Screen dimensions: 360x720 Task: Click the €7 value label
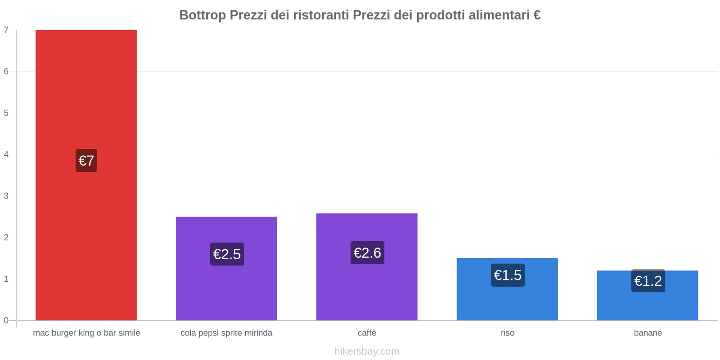coord(86,161)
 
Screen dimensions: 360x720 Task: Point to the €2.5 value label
coord(227,254)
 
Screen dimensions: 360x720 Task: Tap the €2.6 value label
coord(367,253)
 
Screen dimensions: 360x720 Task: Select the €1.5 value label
coord(508,275)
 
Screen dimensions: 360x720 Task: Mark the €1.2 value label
coord(648,281)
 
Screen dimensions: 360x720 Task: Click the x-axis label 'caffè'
coord(367,333)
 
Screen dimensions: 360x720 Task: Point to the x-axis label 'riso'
coord(507,333)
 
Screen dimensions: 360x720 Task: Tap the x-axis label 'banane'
coord(648,333)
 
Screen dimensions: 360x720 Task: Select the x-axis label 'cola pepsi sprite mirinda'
coord(226,333)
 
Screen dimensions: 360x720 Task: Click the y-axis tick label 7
coord(6,30)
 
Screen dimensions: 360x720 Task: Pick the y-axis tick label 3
coord(6,196)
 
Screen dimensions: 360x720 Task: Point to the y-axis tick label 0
coord(6,320)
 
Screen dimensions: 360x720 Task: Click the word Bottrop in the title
coord(202,15)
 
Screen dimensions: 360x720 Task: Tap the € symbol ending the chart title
coord(536,15)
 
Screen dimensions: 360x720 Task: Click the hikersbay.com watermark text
coord(367,351)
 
